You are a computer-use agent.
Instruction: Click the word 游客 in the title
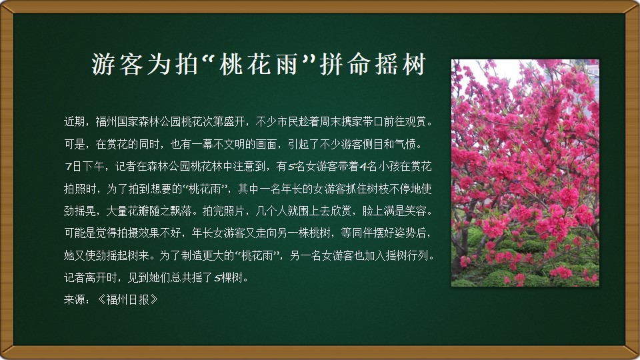(117, 64)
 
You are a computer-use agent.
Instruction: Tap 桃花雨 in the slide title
(259, 64)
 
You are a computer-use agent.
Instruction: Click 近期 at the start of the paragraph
(74, 121)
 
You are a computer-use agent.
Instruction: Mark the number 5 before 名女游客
(291, 167)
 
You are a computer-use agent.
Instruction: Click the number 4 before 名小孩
(363, 167)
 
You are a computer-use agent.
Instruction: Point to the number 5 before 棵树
(217, 278)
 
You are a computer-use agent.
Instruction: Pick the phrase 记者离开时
(90, 277)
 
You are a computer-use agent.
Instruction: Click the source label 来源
(74, 299)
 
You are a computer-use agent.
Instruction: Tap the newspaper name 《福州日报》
(127, 299)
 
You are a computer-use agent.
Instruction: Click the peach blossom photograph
(525, 173)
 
